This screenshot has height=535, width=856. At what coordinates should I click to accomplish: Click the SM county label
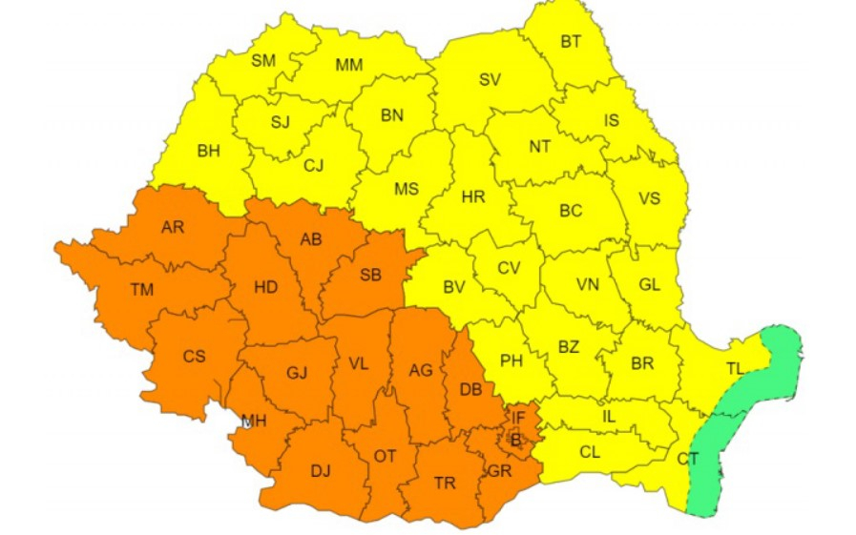pyautogui.click(x=263, y=61)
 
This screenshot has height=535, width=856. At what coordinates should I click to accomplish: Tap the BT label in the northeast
pyautogui.click(x=571, y=41)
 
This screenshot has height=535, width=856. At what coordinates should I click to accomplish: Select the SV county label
pyautogui.click(x=490, y=80)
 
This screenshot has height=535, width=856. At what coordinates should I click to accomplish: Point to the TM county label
pyautogui.click(x=141, y=291)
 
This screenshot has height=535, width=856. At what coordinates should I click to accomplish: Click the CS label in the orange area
pyautogui.click(x=194, y=357)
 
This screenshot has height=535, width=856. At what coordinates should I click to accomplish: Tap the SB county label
pyautogui.click(x=370, y=276)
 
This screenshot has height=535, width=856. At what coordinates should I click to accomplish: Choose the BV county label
pyautogui.click(x=454, y=285)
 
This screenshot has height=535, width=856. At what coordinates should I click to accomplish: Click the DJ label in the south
pyautogui.click(x=321, y=469)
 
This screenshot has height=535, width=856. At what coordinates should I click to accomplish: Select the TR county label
pyautogui.click(x=445, y=484)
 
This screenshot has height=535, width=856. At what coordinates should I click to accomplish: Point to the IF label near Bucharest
pyautogui.click(x=518, y=417)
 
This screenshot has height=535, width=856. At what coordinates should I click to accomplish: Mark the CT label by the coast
pyautogui.click(x=687, y=459)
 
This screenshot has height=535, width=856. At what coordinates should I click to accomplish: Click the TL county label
pyautogui.click(x=735, y=369)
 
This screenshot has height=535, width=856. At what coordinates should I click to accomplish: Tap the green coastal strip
pyautogui.click(x=754, y=401)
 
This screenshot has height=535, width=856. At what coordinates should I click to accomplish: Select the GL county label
pyautogui.click(x=649, y=284)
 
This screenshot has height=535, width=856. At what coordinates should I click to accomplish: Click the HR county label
pyautogui.click(x=472, y=197)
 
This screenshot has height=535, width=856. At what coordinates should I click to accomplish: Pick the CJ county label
pyautogui.click(x=314, y=165)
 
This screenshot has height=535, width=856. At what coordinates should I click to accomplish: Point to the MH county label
pyautogui.click(x=254, y=422)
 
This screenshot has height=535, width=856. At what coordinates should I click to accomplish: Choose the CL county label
pyautogui.click(x=590, y=452)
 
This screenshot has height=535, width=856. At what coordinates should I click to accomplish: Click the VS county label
pyautogui.click(x=649, y=198)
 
